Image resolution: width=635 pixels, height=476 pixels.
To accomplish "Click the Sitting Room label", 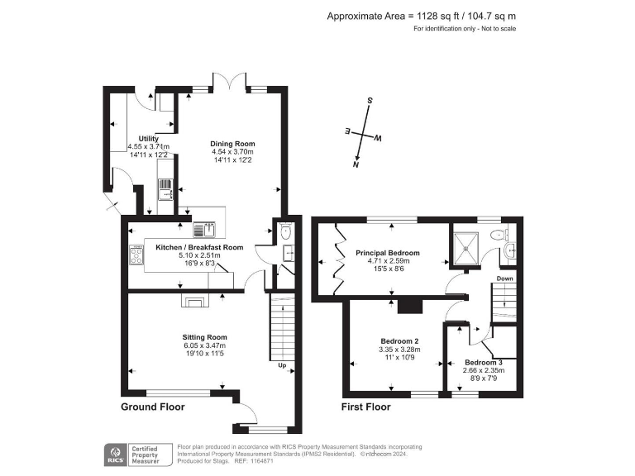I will [204, 337].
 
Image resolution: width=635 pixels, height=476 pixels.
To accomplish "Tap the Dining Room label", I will [232, 143].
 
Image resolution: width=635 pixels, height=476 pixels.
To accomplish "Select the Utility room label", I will [148, 138].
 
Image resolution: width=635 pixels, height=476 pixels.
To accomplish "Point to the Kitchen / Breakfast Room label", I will [199, 247].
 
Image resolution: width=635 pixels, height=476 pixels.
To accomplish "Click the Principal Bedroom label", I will [388, 253].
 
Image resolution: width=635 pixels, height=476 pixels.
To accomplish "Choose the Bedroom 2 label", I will [399, 341].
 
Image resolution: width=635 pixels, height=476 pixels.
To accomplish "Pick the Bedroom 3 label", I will [483, 363].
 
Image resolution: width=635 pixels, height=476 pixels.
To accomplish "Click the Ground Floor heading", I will [153, 407].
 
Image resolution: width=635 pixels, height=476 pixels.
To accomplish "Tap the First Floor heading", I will [365, 407].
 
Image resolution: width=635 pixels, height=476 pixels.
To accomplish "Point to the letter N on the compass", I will [356, 164].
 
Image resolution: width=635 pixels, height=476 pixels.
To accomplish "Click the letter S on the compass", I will [370, 101].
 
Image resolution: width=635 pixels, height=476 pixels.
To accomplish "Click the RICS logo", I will [114, 453].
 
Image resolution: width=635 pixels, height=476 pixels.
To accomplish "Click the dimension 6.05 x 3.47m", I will [204, 345].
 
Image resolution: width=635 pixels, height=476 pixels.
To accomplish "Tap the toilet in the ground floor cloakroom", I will [285, 232].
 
